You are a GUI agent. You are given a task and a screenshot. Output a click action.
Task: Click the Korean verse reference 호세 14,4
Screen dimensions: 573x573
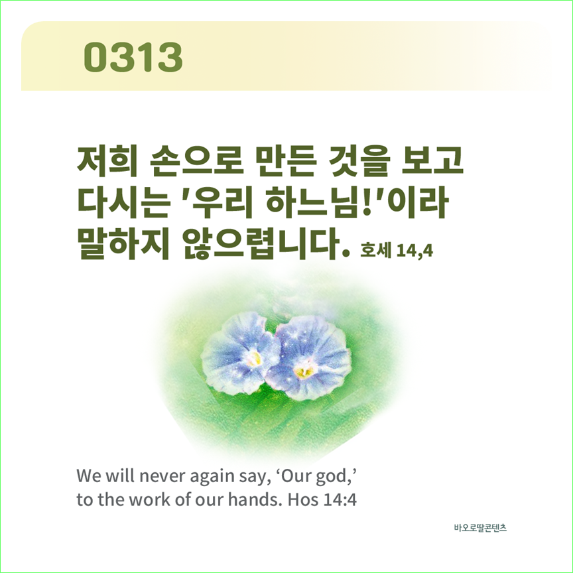click(x=397, y=250)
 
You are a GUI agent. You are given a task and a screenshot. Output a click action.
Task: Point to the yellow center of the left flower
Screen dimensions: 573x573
click(x=255, y=359)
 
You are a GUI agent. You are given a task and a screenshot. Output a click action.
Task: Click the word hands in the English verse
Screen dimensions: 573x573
click(x=252, y=499)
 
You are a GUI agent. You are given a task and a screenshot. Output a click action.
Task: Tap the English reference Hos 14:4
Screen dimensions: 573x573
click(x=322, y=499)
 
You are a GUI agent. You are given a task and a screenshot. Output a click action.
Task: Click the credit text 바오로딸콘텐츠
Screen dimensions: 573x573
click(x=480, y=528)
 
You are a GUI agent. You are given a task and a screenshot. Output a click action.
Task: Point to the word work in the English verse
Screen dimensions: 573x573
click(x=150, y=499)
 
